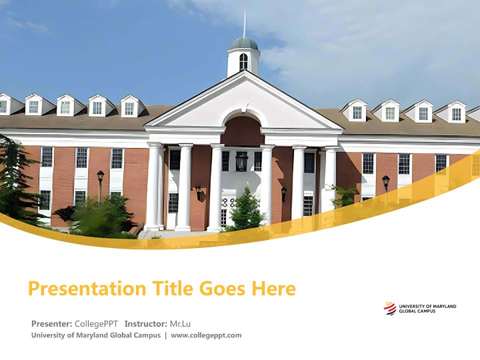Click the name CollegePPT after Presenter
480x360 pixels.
pos(96,323)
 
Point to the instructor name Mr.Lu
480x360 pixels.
pos(180,323)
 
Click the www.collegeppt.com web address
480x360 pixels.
pos(206,335)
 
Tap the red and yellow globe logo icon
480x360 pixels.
pos(389,308)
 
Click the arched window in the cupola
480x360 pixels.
pos(243,61)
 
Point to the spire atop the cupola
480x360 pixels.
pos(244,25)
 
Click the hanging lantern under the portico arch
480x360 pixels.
pos(242,161)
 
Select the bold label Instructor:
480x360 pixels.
pos(146,323)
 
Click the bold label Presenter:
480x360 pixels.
pos(52,323)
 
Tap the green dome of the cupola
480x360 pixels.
pos(244,43)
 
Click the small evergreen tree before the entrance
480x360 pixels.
pos(245,209)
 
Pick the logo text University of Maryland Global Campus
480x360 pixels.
pos(427,308)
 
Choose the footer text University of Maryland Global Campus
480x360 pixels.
pos(96,335)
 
